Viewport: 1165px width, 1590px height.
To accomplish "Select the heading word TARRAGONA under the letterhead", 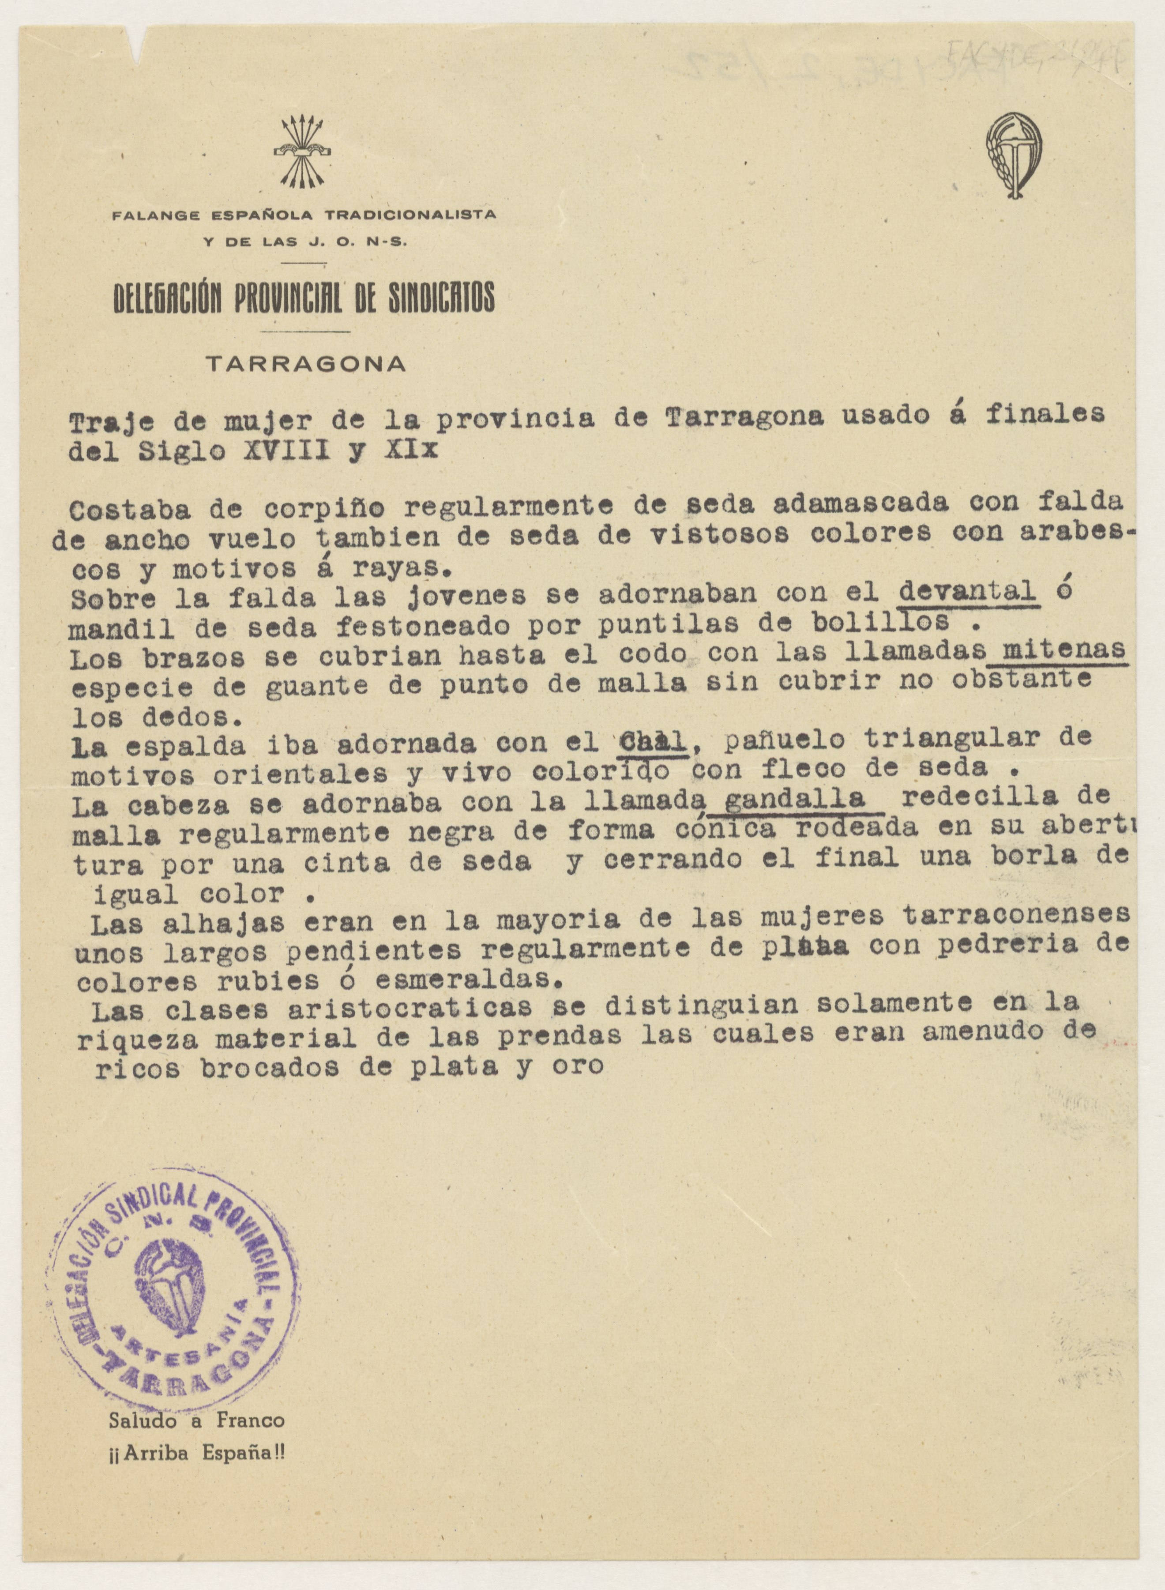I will [305, 364].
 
